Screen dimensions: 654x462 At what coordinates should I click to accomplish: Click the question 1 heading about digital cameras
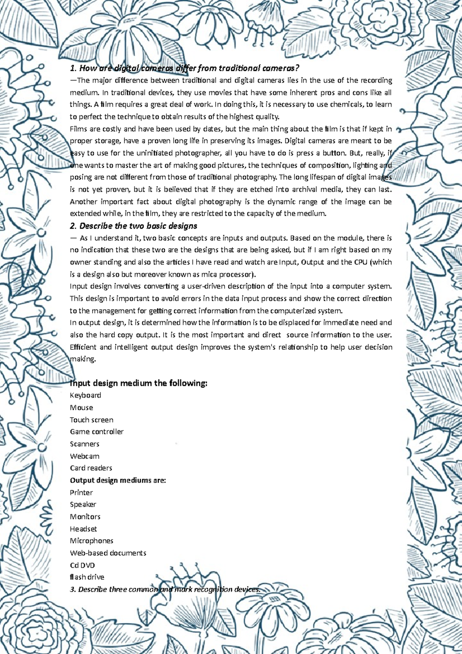coord(184,69)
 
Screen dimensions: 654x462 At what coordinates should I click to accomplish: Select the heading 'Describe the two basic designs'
coord(134,226)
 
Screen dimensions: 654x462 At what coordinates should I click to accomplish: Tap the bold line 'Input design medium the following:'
coord(139,383)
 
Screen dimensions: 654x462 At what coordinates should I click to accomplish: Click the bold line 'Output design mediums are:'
coord(118,480)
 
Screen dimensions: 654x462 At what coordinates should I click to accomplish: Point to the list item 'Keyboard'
coord(85,395)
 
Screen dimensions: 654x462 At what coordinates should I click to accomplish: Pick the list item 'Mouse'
coord(82,407)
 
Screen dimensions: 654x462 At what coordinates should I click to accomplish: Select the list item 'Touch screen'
coord(92,420)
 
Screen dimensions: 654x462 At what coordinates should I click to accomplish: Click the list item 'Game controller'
coord(97,432)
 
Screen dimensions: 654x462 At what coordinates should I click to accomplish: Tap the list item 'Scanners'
coord(85,444)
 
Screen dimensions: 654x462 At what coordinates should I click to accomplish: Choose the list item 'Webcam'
coord(85,456)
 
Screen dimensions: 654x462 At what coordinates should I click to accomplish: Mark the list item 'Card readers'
coord(91,468)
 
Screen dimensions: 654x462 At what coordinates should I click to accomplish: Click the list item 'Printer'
coord(81,493)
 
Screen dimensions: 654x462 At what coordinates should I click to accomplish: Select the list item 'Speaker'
coord(83,505)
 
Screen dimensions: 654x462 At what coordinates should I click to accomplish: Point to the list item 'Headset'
coord(84,529)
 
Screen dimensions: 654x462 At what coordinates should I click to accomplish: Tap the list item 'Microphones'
coord(92,541)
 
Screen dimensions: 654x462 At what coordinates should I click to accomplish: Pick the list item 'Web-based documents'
coord(108,553)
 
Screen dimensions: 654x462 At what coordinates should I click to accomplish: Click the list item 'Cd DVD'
coord(82,565)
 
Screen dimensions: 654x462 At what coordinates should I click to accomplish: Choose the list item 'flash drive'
coord(87,577)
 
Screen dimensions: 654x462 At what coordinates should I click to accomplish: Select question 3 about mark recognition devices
coord(165,590)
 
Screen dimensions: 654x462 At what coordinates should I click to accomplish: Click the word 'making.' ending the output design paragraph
coord(82,359)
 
